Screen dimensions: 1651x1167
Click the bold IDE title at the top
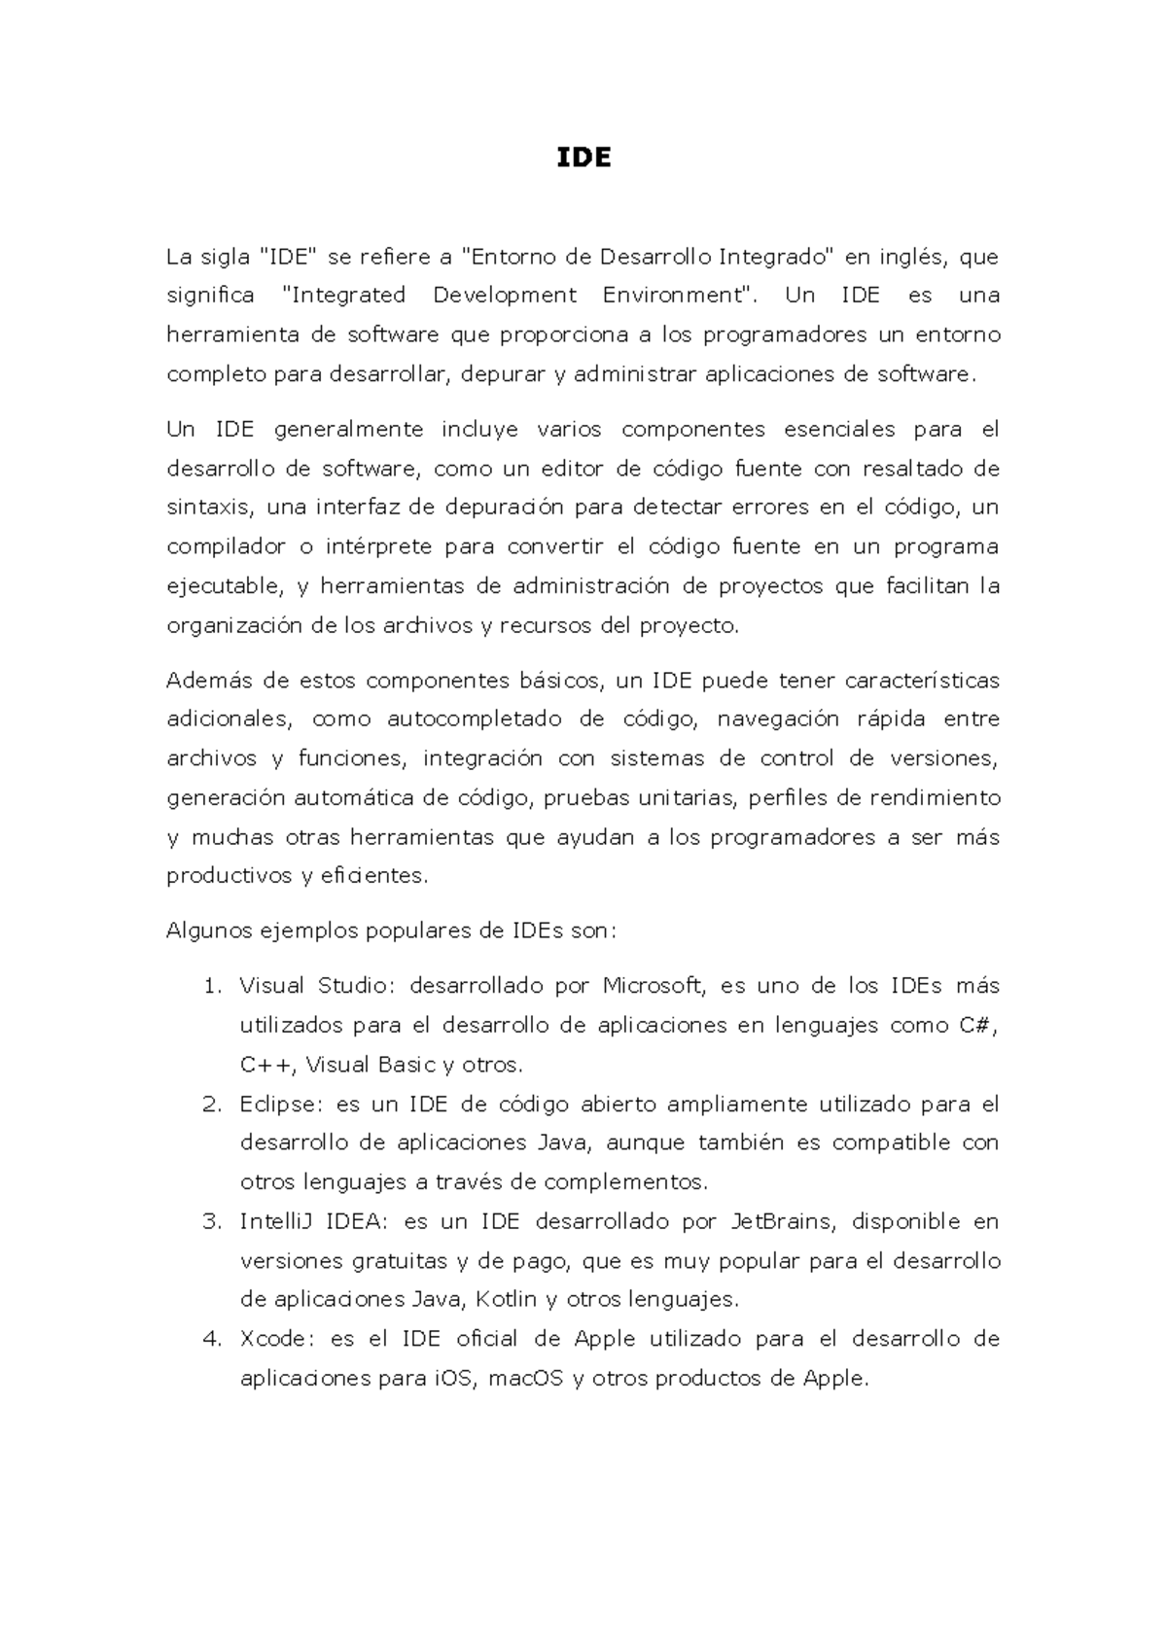point(583,158)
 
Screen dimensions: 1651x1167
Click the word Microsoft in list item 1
point(653,986)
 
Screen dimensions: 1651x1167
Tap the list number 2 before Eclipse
point(212,1105)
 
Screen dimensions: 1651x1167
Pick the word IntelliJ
point(274,1222)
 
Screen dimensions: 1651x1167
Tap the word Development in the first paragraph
point(505,296)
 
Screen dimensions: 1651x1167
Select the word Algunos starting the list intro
point(208,931)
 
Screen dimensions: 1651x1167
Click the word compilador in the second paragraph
point(225,547)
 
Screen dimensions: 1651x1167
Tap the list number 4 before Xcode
point(212,1339)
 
